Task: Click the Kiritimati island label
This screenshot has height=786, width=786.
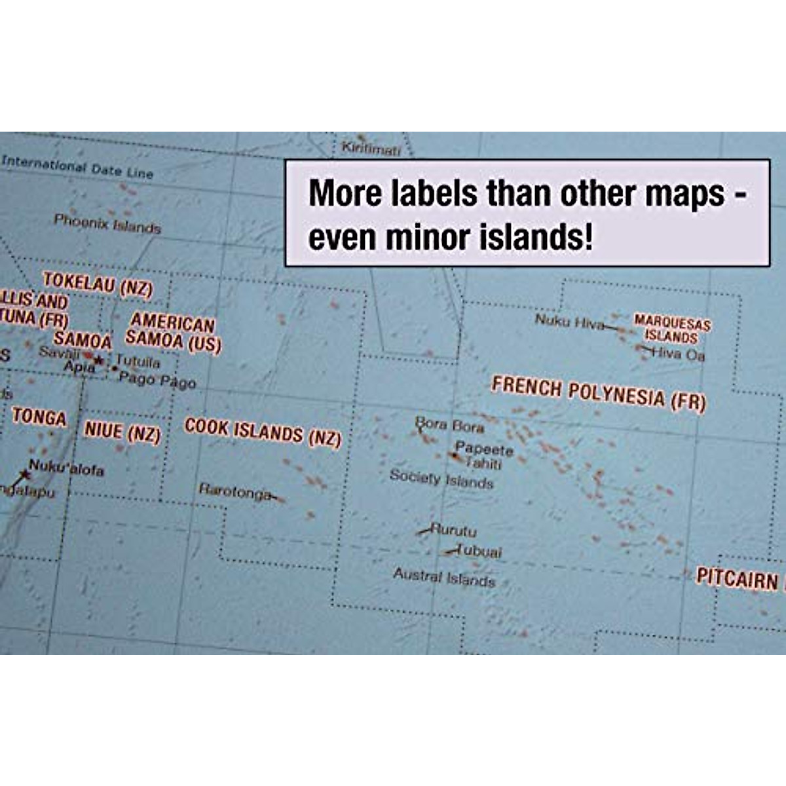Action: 371,149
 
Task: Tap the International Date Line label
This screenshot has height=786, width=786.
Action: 77,166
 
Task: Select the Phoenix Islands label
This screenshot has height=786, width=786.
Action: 107,224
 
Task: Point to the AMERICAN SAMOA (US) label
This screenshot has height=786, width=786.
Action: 173,331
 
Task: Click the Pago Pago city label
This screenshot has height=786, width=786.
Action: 157,380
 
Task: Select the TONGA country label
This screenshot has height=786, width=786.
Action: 39,417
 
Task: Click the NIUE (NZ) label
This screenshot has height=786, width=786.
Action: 122,431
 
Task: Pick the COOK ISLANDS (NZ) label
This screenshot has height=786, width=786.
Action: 263,432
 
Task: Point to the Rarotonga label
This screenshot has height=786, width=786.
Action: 234,491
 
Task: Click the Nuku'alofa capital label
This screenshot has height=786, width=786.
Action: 66,468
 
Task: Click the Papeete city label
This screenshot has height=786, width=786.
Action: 484,449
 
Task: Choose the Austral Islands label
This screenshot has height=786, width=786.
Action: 443,577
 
